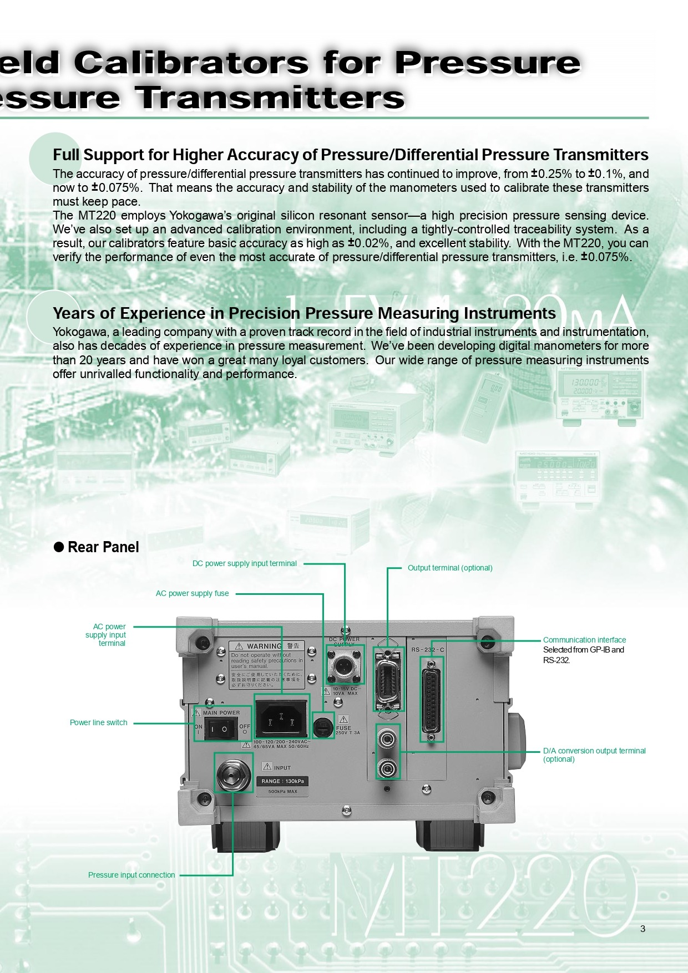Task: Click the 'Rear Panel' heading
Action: pyautogui.click(x=103, y=547)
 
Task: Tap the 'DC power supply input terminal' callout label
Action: pyautogui.click(x=244, y=563)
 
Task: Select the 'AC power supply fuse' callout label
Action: pyautogui.click(x=192, y=593)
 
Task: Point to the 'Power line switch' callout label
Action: pyautogui.click(x=98, y=722)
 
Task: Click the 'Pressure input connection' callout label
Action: pyautogui.click(x=131, y=875)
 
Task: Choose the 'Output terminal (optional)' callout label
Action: pyautogui.click(x=450, y=568)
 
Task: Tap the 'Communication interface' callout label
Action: pyautogui.click(x=584, y=640)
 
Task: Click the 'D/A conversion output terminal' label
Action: pyautogui.click(x=594, y=751)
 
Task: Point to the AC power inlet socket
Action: pyautogui.click(x=281, y=719)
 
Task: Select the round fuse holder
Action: pyautogui.click(x=323, y=726)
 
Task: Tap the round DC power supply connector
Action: pyautogui.click(x=344, y=664)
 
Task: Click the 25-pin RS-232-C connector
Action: pyautogui.click(x=432, y=699)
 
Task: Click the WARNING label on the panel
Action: pyautogui.click(x=267, y=664)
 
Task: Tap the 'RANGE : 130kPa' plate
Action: pyautogui.click(x=283, y=781)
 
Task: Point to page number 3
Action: pyautogui.click(x=643, y=929)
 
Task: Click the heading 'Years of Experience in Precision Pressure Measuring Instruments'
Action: pyautogui.click(x=304, y=313)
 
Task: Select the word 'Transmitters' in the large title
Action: pyautogui.click(x=270, y=98)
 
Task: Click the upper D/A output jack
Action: pyautogui.click(x=387, y=738)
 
